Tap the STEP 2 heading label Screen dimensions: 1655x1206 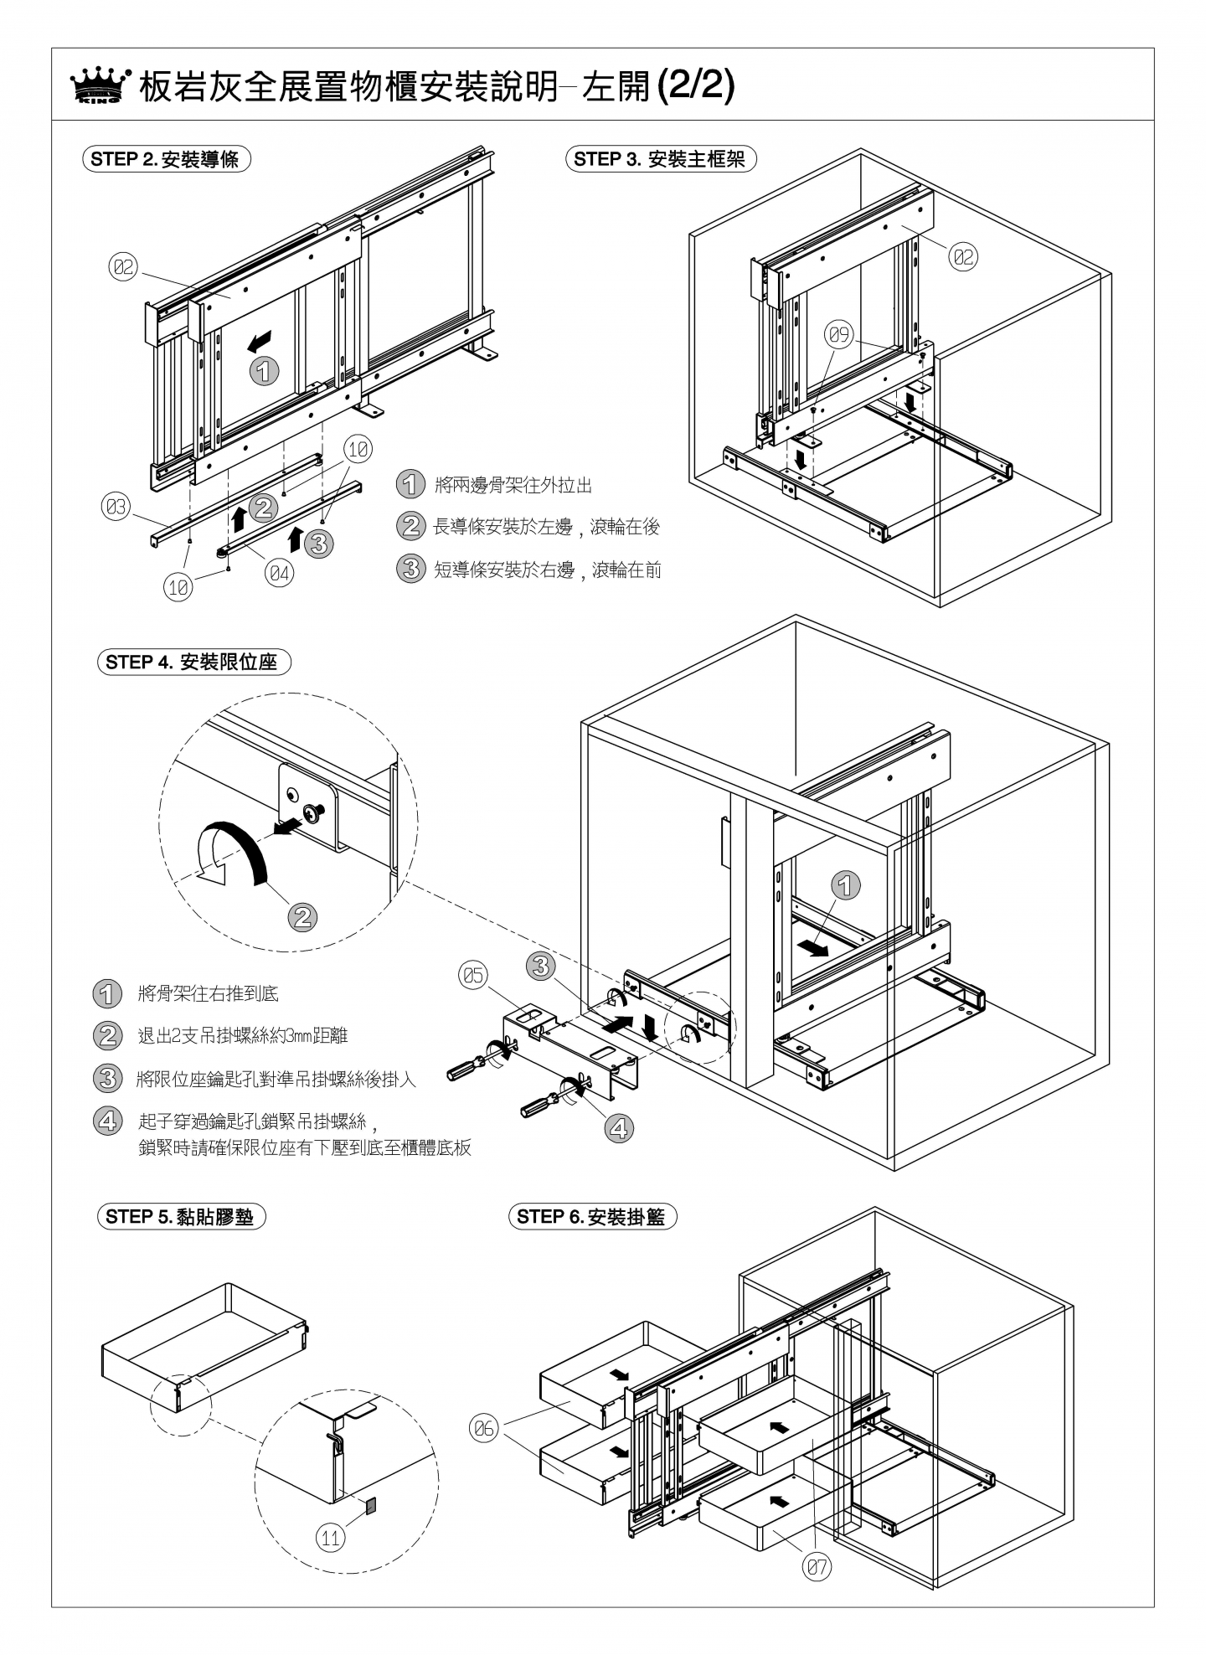pyautogui.click(x=167, y=159)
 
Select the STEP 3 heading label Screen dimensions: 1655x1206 pyautogui.click(x=661, y=159)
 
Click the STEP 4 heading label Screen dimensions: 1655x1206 pyautogui.click(x=193, y=662)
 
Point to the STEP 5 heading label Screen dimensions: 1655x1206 pyautogui.click(x=180, y=1217)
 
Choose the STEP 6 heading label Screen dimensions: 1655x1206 pyautogui.click(x=592, y=1217)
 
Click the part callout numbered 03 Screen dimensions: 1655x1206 pyautogui.click(x=116, y=507)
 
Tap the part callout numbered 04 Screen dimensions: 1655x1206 pyautogui.click(x=280, y=574)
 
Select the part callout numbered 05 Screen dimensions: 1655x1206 pyautogui.click(x=473, y=975)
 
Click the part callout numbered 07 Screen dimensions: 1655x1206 pyautogui.click(x=817, y=1568)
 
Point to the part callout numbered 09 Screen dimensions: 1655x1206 pyautogui.click(x=839, y=336)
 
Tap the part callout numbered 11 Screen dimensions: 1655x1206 pyautogui.click(x=331, y=1538)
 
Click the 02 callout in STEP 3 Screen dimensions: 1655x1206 pyautogui.click(x=964, y=257)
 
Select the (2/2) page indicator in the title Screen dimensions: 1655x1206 pyautogui.click(x=696, y=86)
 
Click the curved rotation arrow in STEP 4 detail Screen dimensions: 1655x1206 pyautogui.click(x=230, y=853)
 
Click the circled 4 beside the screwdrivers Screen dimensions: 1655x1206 pyautogui.click(x=618, y=1129)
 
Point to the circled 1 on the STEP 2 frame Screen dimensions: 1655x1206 pyautogui.click(x=265, y=371)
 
